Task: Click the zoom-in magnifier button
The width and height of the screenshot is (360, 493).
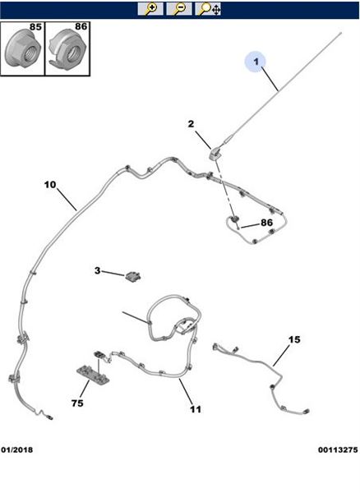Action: (x=150, y=9)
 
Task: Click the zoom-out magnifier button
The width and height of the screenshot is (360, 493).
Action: (x=179, y=9)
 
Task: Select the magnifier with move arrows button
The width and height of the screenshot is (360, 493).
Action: (x=208, y=9)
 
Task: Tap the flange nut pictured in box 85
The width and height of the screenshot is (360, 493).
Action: (x=23, y=48)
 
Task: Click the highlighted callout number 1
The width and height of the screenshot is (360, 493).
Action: (x=256, y=61)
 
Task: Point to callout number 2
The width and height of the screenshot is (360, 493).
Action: (x=192, y=124)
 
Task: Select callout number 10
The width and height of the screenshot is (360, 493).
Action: (x=50, y=185)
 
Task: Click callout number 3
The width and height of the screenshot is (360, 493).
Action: (x=98, y=270)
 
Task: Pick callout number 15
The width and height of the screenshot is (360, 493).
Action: (x=294, y=339)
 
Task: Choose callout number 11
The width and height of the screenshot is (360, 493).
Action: (x=196, y=409)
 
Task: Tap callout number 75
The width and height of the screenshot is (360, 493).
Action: (x=77, y=403)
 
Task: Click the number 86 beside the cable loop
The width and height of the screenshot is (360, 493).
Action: (x=266, y=223)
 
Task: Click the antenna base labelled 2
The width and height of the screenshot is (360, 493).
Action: (x=215, y=154)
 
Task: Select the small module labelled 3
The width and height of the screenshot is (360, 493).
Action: (x=133, y=276)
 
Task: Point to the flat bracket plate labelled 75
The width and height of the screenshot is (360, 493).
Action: (x=93, y=374)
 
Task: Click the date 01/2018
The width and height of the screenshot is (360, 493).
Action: (x=17, y=450)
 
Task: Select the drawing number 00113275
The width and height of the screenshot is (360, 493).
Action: (x=338, y=450)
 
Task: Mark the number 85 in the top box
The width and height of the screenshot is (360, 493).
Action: (x=35, y=27)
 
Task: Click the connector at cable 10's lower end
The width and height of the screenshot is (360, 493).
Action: (x=49, y=417)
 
